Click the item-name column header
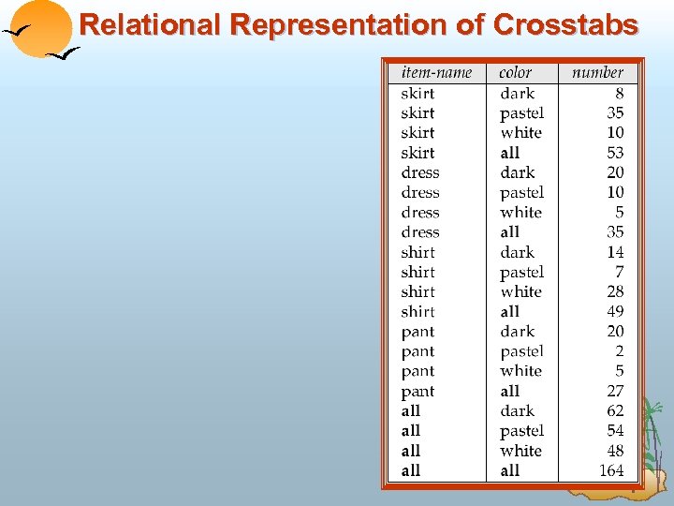point(436,72)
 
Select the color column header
point(516,72)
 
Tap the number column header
point(597,72)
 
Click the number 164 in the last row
point(611,470)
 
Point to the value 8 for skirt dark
point(619,93)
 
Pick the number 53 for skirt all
point(615,153)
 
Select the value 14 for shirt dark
point(615,252)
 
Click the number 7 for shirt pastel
point(619,272)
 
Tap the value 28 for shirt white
point(615,291)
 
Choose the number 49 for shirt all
point(615,311)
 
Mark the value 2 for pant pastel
point(619,351)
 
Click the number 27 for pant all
point(615,392)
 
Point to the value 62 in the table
point(615,410)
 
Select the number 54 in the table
point(615,431)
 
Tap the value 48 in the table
point(615,451)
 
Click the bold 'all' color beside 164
point(510,470)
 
